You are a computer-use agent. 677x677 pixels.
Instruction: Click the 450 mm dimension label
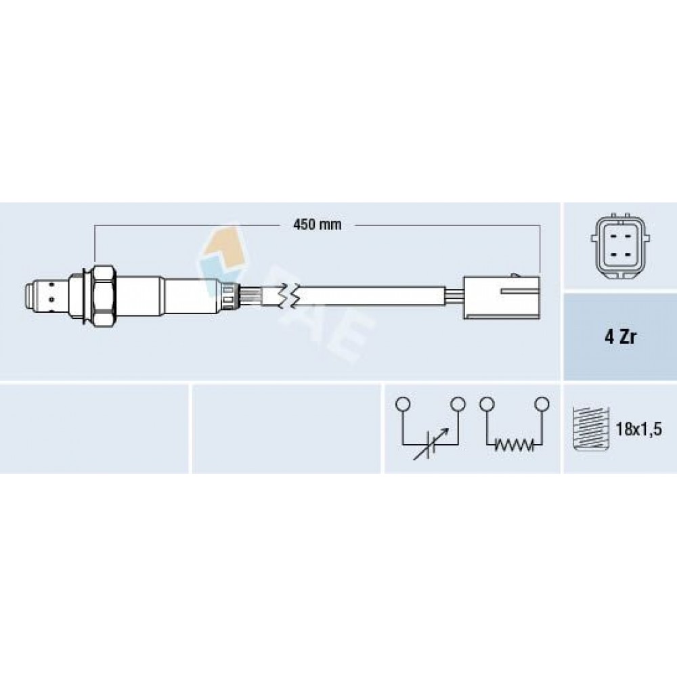click(x=317, y=225)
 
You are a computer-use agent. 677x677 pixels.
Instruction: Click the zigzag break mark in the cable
click(x=286, y=296)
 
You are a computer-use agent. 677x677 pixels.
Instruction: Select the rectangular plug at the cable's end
click(x=501, y=297)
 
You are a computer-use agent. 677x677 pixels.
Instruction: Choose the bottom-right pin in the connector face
click(x=628, y=255)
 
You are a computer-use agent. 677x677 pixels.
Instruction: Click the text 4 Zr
click(x=620, y=337)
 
